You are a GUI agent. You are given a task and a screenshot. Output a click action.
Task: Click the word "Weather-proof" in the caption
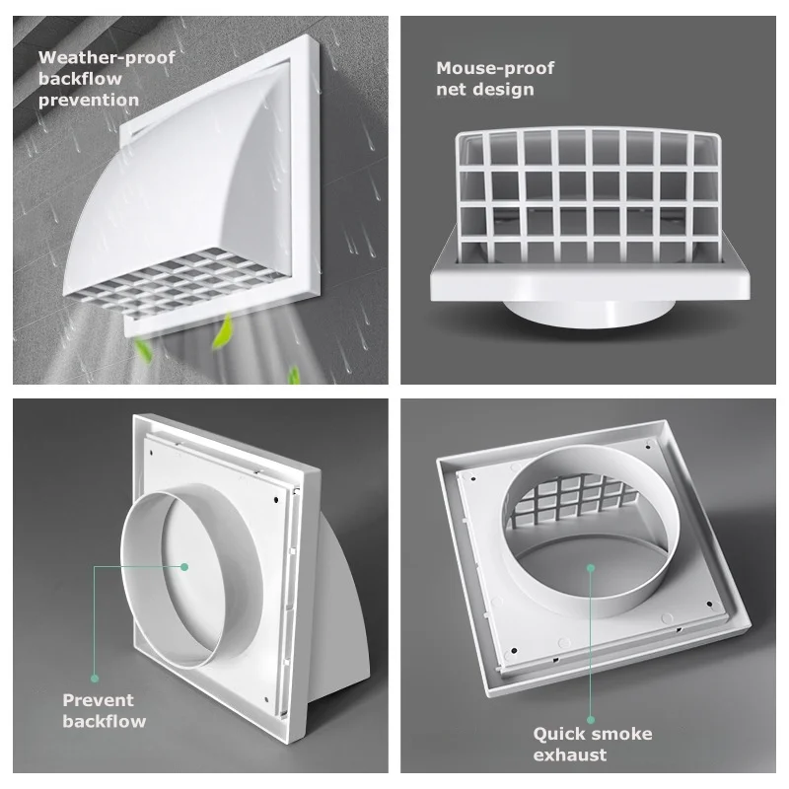click(107, 57)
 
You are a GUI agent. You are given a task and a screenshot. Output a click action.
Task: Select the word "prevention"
click(89, 100)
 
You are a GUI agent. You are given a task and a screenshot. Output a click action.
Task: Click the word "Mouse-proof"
click(495, 68)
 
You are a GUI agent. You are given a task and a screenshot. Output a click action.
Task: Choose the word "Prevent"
click(98, 700)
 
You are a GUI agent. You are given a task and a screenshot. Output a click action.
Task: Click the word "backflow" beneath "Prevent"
click(104, 721)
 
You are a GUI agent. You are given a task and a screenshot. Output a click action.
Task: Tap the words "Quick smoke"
click(593, 734)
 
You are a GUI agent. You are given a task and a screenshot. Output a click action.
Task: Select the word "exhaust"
click(570, 755)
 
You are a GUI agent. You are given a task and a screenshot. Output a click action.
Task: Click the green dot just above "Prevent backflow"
click(95, 678)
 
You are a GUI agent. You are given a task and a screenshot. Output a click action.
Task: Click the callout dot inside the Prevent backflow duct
click(184, 566)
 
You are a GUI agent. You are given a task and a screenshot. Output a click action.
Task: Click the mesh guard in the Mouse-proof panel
click(588, 182)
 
